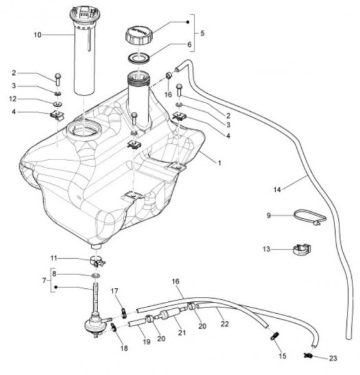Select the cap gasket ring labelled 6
(x=139, y=58)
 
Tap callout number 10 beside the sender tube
(x=37, y=35)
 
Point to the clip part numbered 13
(x=302, y=249)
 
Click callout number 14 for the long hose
(x=277, y=189)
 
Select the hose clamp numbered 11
(x=97, y=261)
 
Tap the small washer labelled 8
(x=95, y=276)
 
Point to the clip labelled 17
(x=123, y=313)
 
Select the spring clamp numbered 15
(x=274, y=336)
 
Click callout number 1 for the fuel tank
(x=219, y=163)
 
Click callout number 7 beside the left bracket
(x=44, y=280)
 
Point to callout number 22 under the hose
(x=224, y=324)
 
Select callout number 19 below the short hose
(x=146, y=342)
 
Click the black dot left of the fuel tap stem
(x=56, y=287)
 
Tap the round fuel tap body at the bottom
(x=94, y=324)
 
